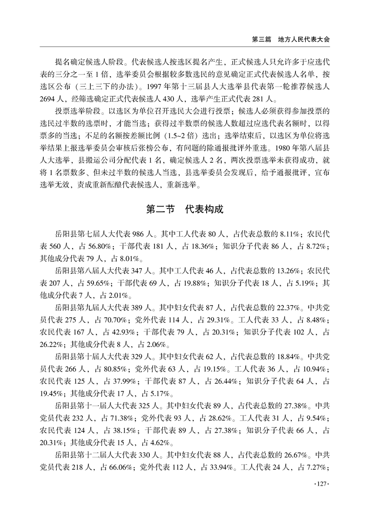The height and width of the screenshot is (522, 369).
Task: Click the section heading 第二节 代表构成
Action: point(185,209)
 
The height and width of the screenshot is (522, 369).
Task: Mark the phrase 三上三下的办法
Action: point(104,86)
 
